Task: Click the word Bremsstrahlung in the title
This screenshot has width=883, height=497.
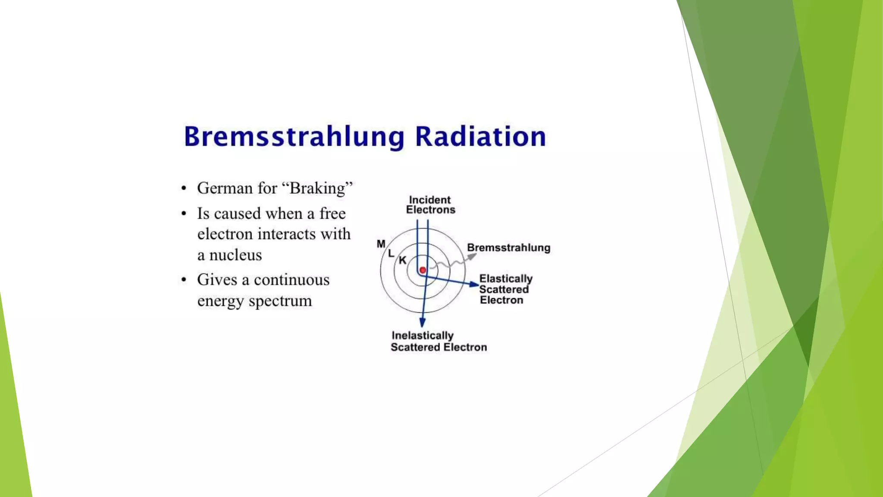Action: pos(294,137)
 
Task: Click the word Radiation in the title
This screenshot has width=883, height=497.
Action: pos(480,136)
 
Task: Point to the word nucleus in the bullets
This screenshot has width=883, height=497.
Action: pos(235,255)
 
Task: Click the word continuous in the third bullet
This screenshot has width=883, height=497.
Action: pos(291,280)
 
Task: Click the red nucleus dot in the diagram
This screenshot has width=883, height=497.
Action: pos(423,271)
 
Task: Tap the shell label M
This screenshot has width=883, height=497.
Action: pos(381,244)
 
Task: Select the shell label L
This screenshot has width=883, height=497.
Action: pos(391,254)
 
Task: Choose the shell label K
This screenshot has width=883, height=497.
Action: pos(402,261)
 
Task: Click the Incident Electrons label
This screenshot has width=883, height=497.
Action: pos(430,205)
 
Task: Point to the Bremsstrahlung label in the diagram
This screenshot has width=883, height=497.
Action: pos(509,248)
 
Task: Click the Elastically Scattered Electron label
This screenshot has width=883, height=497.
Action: pos(505,289)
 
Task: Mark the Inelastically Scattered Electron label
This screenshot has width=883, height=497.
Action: pos(438,342)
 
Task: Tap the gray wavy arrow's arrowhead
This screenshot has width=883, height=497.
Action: pos(472,256)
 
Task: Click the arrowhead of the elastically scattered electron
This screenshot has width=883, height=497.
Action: pos(474,284)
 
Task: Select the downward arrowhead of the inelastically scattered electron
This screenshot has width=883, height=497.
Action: pos(423,322)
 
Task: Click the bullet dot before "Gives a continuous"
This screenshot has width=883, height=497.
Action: pos(184,280)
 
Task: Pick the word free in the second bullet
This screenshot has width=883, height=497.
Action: pos(332,214)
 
